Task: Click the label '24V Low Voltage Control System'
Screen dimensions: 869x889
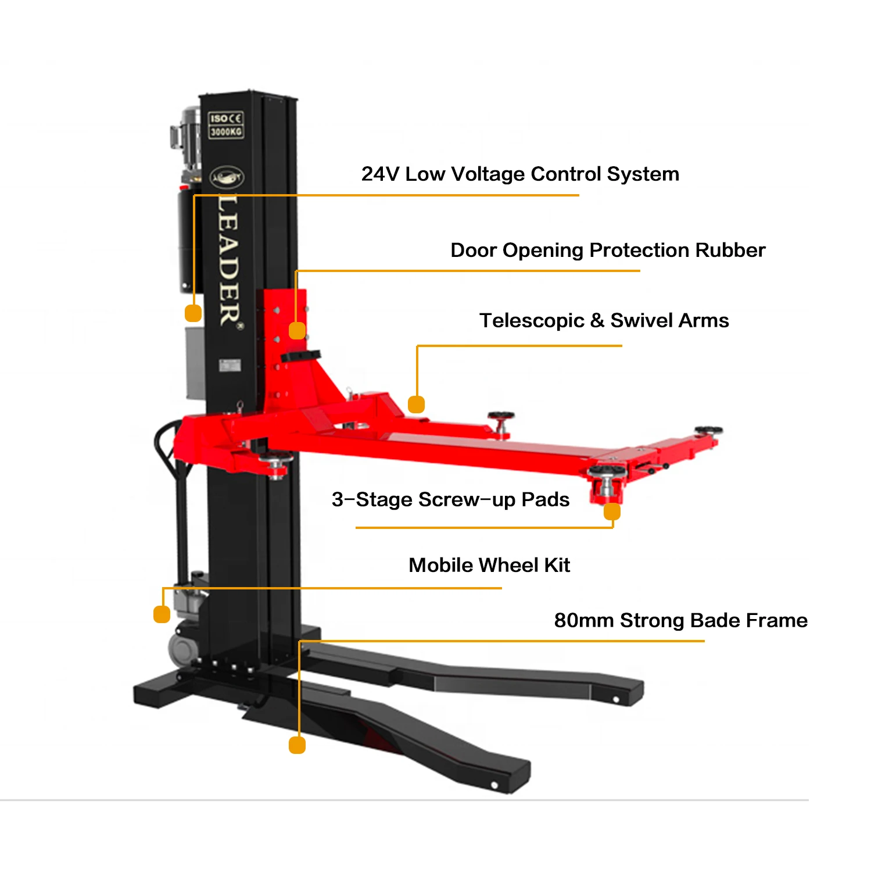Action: [x=520, y=174]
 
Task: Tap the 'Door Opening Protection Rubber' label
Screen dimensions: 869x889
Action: [x=608, y=250]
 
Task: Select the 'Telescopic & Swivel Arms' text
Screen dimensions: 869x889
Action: [x=604, y=320]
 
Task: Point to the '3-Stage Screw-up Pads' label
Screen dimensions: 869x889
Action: [x=450, y=499]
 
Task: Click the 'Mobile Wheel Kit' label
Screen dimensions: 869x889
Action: [x=489, y=565]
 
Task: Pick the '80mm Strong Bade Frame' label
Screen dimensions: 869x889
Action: [x=680, y=620]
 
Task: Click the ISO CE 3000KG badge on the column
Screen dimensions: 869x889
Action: [x=226, y=125]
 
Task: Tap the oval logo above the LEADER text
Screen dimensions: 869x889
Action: [x=227, y=177]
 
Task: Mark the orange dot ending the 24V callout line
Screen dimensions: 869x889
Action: [x=193, y=313]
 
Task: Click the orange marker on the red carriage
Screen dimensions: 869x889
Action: [x=297, y=331]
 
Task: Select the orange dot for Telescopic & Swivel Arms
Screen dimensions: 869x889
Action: [x=416, y=404]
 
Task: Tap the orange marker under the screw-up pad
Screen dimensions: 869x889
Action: [x=612, y=512]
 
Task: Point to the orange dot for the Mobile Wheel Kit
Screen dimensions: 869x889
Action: [x=162, y=614]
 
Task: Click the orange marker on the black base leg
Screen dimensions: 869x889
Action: [x=297, y=745]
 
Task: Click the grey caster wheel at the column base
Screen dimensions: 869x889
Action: [x=184, y=648]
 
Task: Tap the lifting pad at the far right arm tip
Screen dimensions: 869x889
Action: [x=708, y=431]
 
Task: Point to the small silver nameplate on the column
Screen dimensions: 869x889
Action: [x=230, y=366]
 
